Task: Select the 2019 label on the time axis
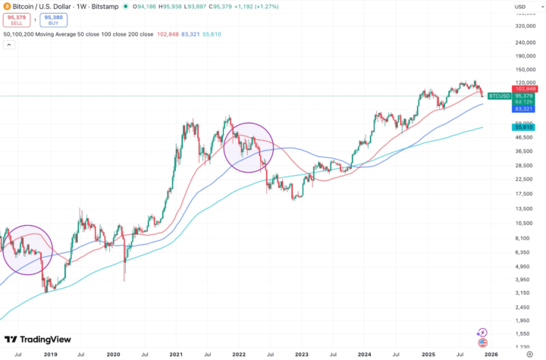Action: (51, 353)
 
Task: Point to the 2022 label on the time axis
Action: (238, 353)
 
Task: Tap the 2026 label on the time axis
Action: (491, 353)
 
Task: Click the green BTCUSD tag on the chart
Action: (498, 96)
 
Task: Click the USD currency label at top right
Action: (520, 8)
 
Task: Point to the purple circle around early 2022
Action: (249, 146)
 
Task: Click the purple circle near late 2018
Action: (28, 249)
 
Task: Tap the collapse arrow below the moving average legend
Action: (9, 45)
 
